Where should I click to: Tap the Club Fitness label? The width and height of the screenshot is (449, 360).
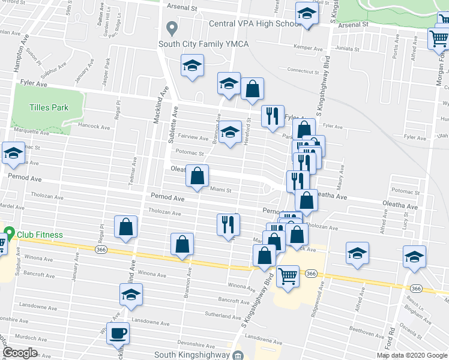click(x=40, y=235)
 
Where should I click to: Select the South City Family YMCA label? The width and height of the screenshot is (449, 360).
click(x=203, y=43)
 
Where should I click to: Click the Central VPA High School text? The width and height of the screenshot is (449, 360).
click(x=255, y=24)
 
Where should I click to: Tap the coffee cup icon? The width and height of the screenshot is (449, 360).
click(x=118, y=333)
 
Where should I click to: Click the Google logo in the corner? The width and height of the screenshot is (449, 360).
click(x=20, y=353)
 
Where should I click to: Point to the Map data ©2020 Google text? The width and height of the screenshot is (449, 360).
click(x=412, y=355)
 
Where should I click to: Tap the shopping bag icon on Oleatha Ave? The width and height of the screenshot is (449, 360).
click(x=197, y=176)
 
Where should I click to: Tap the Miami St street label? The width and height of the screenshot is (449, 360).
click(x=221, y=190)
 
